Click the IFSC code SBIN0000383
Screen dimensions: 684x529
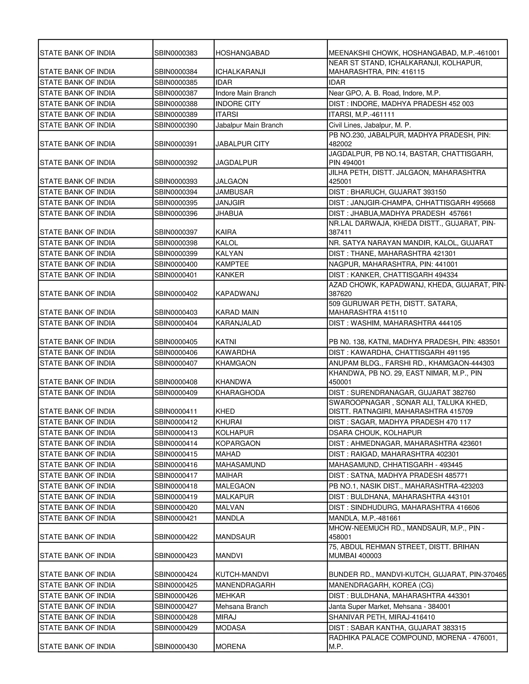click(176, 53)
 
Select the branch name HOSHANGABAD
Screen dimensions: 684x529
click(243, 53)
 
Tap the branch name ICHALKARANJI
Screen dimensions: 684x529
click(240, 72)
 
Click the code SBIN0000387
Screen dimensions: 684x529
click(176, 93)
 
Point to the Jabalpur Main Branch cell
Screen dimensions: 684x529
click(249, 125)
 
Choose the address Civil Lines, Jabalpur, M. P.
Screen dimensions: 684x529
click(370, 125)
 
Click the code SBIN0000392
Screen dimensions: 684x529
click(176, 163)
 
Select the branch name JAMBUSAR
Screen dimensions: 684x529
click(235, 192)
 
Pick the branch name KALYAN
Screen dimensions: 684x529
click(229, 253)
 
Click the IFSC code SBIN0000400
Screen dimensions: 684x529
click(176, 264)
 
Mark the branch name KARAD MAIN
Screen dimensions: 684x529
click(237, 312)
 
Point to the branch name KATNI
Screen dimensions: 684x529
click(226, 342)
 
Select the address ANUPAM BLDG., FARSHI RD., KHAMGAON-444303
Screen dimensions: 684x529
click(411, 363)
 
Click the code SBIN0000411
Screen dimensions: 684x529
click(176, 411)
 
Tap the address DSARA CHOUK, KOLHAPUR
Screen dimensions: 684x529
click(375, 433)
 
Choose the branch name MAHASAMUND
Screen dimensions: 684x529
click(240, 464)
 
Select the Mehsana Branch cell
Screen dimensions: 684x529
click(242, 606)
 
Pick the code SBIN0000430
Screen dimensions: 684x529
click(176, 646)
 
